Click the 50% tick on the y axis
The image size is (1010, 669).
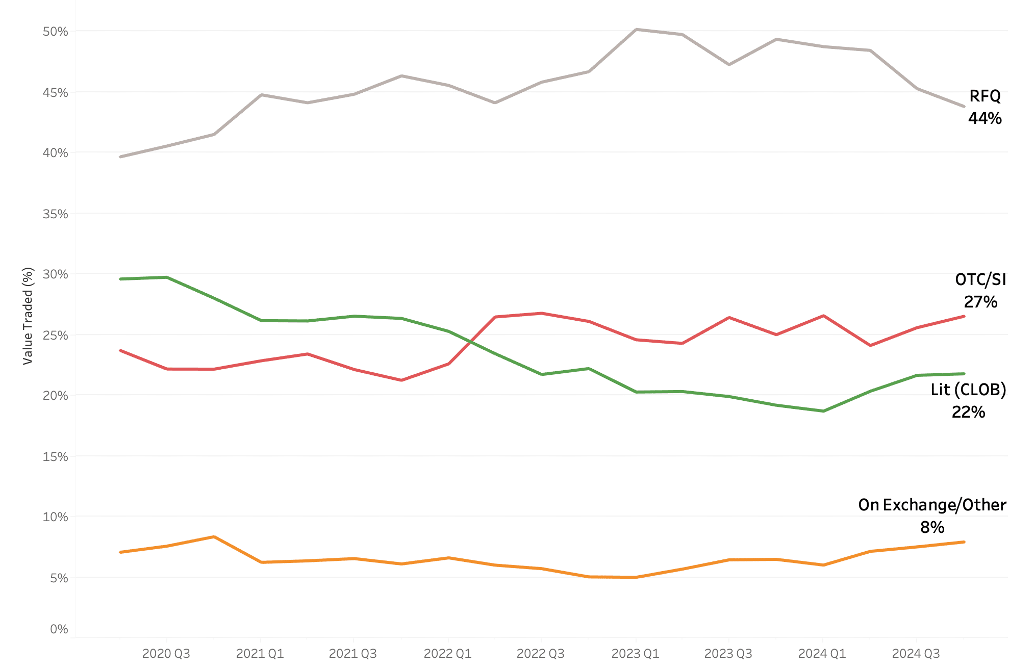pos(55,32)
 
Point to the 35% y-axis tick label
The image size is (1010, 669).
pos(55,214)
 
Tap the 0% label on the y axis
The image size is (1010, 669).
pos(59,629)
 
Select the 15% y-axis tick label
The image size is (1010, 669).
pos(55,457)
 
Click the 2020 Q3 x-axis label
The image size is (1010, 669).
pos(166,654)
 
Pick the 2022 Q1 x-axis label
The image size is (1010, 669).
pos(447,654)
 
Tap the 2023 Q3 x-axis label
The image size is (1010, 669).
pos(728,654)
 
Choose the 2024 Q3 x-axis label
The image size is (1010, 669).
pos(916,654)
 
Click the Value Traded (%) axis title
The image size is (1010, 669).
pos(28,316)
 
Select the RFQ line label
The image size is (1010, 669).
pos(984,96)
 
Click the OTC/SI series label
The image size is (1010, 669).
pos(980,279)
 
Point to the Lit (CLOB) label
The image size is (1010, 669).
pos(968,390)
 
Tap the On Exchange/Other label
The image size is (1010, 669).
pos(932,505)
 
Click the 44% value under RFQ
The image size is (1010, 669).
pos(984,118)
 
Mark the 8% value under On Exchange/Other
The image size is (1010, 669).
pos(932,527)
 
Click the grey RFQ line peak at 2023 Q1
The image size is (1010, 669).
pos(636,30)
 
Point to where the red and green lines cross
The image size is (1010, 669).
pos(471,342)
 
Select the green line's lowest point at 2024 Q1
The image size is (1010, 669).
pos(823,411)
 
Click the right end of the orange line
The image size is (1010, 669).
pos(964,542)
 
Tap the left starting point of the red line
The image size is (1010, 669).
pos(120,351)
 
